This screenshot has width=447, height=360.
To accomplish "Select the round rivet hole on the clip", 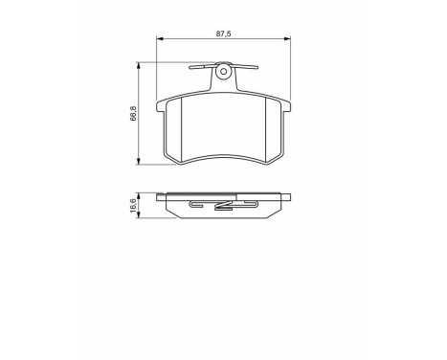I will [223, 70].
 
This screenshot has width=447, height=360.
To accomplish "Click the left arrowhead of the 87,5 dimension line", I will [160, 38].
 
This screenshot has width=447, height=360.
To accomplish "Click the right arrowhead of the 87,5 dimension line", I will [287, 38].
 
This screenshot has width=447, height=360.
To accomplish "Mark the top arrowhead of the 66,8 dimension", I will [143, 66].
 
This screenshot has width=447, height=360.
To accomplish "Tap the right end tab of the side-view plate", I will [285, 196].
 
